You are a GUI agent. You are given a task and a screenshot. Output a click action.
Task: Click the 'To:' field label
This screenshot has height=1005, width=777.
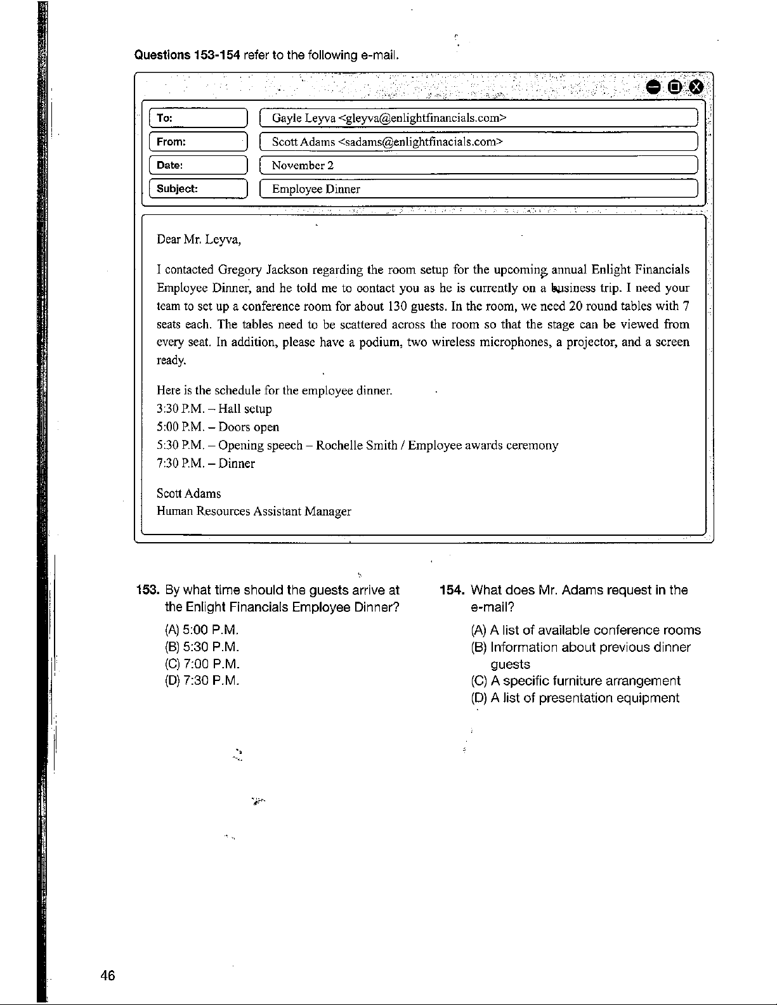click(x=165, y=119)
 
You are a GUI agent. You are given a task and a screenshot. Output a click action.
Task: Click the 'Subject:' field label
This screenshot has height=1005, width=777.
click(x=177, y=189)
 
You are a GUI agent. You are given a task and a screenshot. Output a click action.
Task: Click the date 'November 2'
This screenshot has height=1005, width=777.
click(x=303, y=165)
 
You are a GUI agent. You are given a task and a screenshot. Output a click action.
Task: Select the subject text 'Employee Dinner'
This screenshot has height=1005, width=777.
click(x=316, y=189)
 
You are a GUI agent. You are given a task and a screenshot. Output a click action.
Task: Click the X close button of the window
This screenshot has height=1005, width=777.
click(x=696, y=87)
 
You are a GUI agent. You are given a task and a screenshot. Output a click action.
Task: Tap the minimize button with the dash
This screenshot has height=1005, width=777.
click(x=653, y=87)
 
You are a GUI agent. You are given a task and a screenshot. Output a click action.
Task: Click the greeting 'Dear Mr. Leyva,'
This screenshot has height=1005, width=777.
click(x=199, y=240)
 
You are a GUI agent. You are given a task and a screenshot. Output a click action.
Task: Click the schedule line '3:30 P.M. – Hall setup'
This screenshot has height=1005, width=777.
click(x=214, y=409)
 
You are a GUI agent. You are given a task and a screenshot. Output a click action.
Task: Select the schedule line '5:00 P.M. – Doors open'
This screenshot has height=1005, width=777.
click(x=218, y=427)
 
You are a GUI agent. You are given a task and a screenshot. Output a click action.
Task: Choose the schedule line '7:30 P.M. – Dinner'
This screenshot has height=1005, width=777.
click(x=206, y=464)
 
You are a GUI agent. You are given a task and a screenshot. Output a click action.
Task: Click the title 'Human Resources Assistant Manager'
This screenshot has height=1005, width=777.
click(x=254, y=511)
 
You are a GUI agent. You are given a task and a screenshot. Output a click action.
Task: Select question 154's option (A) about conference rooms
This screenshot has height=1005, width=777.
click(x=585, y=630)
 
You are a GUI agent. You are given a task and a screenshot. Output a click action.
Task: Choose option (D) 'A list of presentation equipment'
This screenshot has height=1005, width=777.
click(x=575, y=698)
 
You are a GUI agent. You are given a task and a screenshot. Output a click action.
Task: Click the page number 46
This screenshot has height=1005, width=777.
click(x=108, y=975)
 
